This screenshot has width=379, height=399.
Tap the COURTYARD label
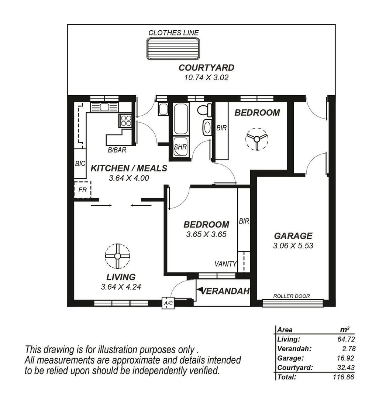coord(206,68)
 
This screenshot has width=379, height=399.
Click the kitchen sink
coord(104,107)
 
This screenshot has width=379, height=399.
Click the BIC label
coord(80,163)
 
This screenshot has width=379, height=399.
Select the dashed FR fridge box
coord(82,191)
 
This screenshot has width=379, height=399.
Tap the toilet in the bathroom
coord(203,110)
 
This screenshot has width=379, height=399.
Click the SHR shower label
coord(180,147)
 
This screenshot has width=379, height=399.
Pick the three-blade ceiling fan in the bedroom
coord(256,139)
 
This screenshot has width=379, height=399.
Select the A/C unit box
coord(168,303)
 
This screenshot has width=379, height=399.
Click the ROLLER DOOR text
coord(291,296)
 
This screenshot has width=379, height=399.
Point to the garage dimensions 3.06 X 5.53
coord(293,245)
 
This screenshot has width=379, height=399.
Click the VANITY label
coord(225,264)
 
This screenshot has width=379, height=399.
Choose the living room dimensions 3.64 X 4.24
coord(121,286)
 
